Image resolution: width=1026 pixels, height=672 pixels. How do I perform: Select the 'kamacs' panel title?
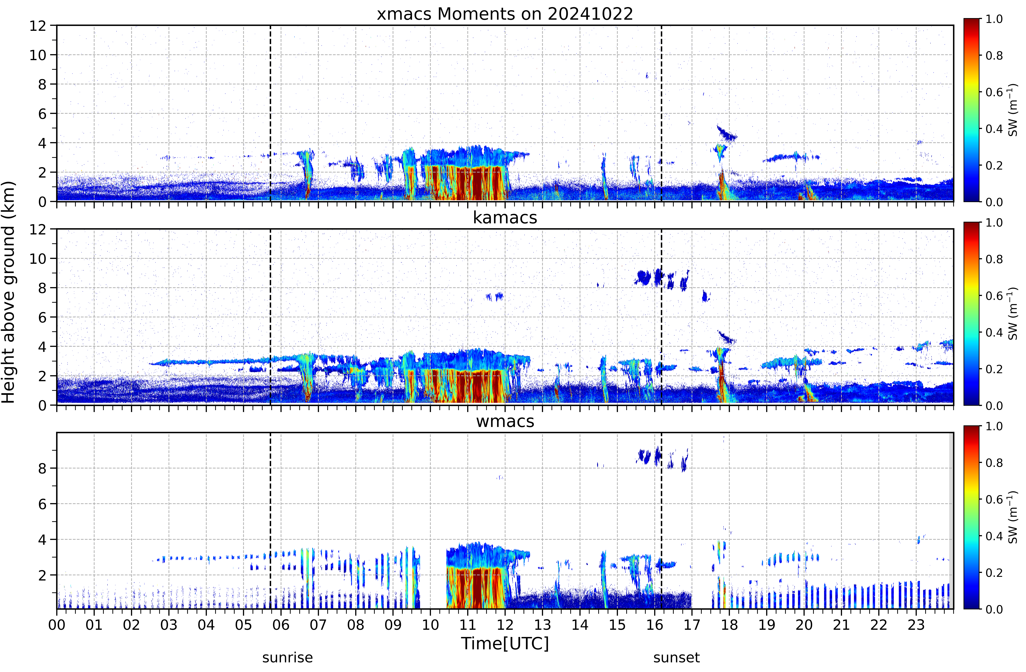coord(505,217)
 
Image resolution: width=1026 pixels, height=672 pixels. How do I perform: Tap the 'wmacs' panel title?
coord(505,421)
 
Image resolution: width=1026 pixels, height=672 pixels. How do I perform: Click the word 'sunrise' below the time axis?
coord(288,658)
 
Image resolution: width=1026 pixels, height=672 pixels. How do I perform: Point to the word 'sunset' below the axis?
coord(676,658)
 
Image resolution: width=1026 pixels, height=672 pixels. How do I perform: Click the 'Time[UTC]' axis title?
coord(505,644)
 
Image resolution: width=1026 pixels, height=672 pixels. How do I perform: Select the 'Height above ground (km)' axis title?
coord(8,292)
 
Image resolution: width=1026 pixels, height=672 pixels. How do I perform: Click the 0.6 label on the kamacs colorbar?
coord(994,296)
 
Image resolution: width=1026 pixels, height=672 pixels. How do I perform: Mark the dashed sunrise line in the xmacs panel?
coord(270,113)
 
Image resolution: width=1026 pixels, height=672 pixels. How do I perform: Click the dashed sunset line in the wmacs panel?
coord(661,520)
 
